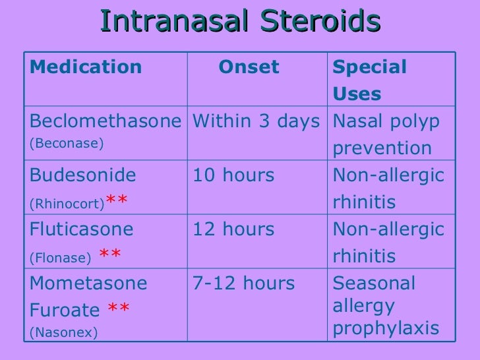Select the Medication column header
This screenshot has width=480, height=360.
click(x=86, y=67)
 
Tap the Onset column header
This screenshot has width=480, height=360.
click(x=249, y=67)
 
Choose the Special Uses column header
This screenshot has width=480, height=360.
click(x=370, y=80)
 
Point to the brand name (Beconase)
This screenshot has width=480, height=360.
click(x=67, y=143)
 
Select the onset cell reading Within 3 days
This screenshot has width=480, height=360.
click(x=256, y=121)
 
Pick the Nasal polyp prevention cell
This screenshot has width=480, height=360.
click(x=386, y=135)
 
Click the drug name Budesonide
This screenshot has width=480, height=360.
click(x=83, y=175)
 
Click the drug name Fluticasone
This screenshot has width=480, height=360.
click(x=82, y=229)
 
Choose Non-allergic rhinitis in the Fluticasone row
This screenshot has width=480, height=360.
click(x=388, y=242)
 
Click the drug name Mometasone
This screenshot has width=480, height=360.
click(x=89, y=284)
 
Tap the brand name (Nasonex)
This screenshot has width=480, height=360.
click(x=64, y=334)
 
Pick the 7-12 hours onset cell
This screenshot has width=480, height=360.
click(x=243, y=284)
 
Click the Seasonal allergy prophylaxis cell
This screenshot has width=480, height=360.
click(x=386, y=306)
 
